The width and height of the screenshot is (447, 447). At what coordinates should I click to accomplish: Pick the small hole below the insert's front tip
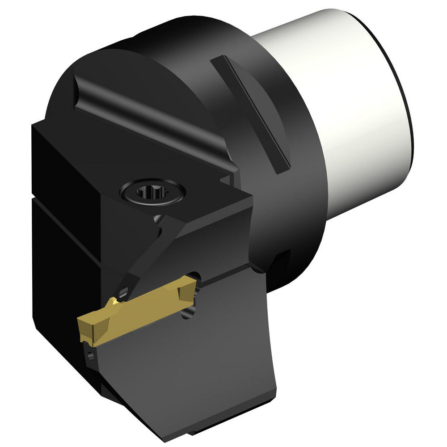tap(91, 355)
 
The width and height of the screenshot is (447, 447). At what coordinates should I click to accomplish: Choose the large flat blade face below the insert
tap(192, 358)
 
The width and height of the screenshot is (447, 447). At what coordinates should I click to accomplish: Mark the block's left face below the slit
tap(58, 268)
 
